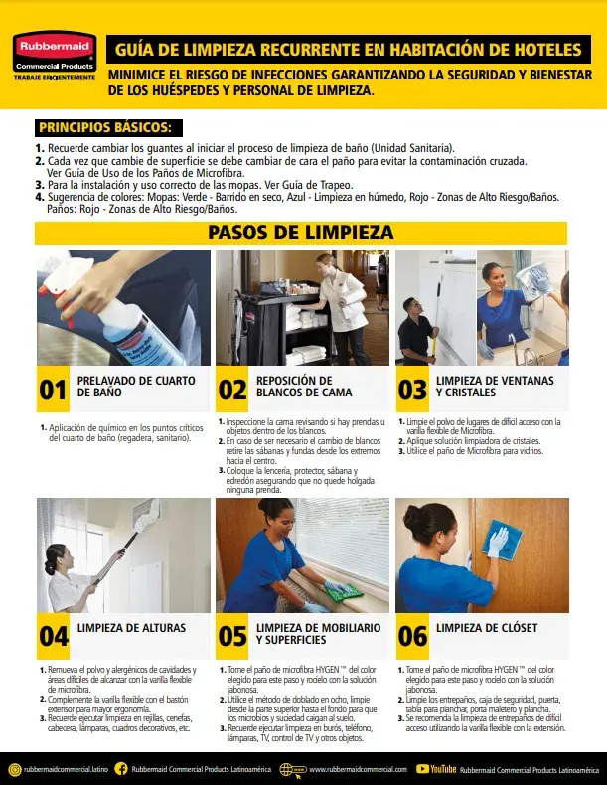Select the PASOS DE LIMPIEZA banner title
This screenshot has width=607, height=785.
pyautogui.click(x=300, y=233)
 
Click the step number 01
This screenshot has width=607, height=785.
pyautogui.click(x=53, y=390)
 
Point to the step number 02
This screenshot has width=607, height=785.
pyautogui.click(x=232, y=390)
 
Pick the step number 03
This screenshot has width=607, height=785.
pyautogui.click(x=412, y=390)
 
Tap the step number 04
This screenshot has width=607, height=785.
pyautogui.click(x=53, y=635)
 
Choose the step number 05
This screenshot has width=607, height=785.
pyautogui.click(x=232, y=635)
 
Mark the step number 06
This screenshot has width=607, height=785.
pyautogui.click(x=412, y=635)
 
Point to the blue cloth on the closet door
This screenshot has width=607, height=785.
pyautogui.click(x=497, y=542)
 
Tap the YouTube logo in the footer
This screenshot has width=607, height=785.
pyautogui.click(x=437, y=769)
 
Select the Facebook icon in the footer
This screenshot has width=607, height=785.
pyautogui.click(x=121, y=769)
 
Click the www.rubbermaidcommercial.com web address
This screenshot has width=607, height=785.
pyautogui.click(x=357, y=769)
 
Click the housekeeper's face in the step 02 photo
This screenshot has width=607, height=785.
pyautogui.click(x=325, y=264)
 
